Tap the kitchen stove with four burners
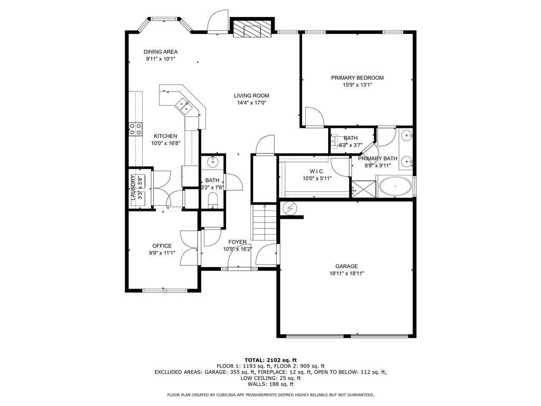(135, 129)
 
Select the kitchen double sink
(184, 106)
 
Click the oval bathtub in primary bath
(395, 188)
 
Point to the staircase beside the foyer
(263, 222)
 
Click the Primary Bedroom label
(357, 78)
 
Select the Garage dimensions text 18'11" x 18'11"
(346, 274)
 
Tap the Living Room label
(251, 96)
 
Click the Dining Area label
(161, 52)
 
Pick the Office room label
(162, 246)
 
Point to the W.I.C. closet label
(316, 171)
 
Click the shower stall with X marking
(363, 187)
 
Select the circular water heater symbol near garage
(290, 208)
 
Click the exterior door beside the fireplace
(218, 22)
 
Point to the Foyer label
(237, 242)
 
